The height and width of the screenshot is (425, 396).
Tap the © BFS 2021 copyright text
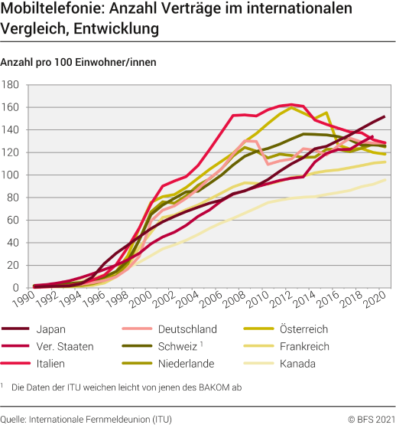371,418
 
